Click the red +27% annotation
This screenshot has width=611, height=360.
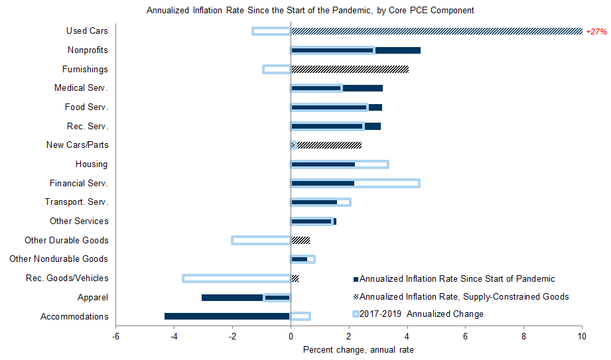[x=596, y=32]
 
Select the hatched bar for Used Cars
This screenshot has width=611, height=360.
[x=437, y=31]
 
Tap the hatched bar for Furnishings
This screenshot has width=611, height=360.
[x=350, y=70]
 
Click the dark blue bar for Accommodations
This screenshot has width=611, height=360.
[x=227, y=316]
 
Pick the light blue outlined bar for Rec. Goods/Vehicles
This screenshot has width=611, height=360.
[x=182, y=278]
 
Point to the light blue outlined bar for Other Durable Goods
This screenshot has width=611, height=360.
[x=232, y=241]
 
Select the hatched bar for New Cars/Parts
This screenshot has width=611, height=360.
[x=326, y=145]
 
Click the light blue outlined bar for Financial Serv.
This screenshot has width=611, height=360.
[x=419, y=183]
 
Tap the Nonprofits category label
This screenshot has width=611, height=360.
[x=88, y=50]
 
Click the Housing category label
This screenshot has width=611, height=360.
[x=92, y=164]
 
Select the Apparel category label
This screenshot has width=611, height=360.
[x=93, y=298]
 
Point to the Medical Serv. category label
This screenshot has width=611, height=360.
[x=81, y=88]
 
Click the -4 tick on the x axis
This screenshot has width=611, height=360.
[x=174, y=337]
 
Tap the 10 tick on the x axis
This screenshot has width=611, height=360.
[x=582, y=337]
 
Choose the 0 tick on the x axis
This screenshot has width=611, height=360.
[x=291, y=337]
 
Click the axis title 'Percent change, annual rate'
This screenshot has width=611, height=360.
[x=358, y=350]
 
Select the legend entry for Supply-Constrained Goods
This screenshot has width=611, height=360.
[x=461, y=297]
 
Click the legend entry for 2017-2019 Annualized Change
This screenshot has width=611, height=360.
[x=418, y=314]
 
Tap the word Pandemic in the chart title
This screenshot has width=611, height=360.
[x=352, y=11]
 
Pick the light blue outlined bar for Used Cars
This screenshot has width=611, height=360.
[x=253, y=31]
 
